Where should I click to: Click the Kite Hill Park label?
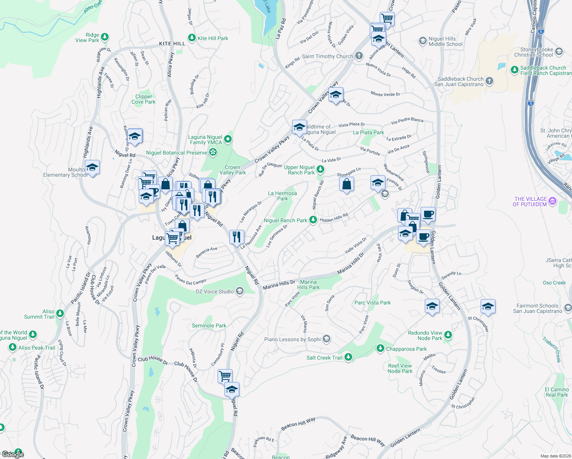(x=213, y=38)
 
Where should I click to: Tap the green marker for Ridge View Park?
(x=105, y=37)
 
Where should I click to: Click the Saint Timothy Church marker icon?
(x=359, y=56)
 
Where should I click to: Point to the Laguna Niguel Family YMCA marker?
(x=228, y=139)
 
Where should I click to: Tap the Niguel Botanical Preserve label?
(x=176, y=153)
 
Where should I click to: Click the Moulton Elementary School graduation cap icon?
(x=92, y=168)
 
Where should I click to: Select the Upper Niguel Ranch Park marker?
(x=320, y=169)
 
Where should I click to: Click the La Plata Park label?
(x=368, y=132)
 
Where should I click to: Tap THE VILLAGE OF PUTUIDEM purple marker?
(x=552, y=201)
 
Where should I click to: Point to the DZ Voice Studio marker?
(x=240, y=291)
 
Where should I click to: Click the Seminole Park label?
(x=209, y=326)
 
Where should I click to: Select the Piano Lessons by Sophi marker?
(x=326, y=339)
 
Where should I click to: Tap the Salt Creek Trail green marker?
(x=348, y=357)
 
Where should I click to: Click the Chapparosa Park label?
(x=406, y=349)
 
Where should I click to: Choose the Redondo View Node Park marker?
(x=448, y=335)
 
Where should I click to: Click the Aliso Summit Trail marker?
(x=60, y=314)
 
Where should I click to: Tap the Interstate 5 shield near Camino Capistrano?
(x=540, y=31)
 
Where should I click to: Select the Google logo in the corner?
(x=13, y=454)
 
